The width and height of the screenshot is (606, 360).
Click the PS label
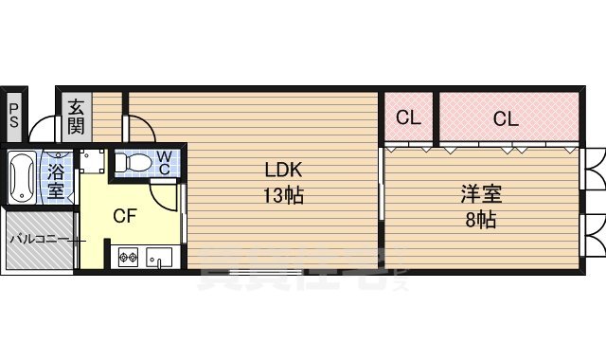[x=14, y=116]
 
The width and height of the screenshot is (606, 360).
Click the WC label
[x=163, y=162]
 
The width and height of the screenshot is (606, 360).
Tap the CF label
[x=125, y=216]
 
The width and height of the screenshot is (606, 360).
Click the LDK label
[x=282, y=171]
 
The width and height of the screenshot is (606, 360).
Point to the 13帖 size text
[x=282, y=197]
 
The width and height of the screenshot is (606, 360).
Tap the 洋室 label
[x=480, y=195]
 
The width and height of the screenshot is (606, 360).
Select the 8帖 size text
[x=480, y=222]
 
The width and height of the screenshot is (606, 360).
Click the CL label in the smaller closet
[x=408, y=118]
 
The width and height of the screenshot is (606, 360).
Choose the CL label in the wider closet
[x=506, y=118]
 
